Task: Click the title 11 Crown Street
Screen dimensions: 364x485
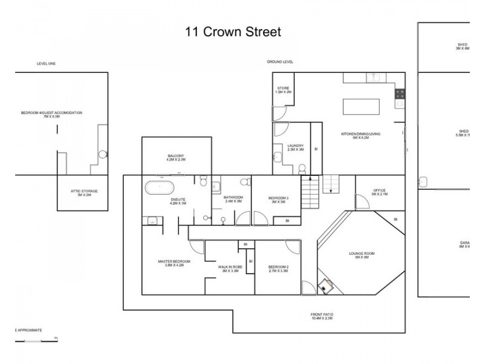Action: coord(233,32)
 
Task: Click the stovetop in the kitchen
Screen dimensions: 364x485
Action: coord(400,93)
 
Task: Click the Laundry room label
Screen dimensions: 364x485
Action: coord(295,147)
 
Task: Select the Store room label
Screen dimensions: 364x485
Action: coord(283,90)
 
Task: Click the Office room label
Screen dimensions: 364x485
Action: coord(380,193)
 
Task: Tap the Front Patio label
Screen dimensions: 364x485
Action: coord(322,316)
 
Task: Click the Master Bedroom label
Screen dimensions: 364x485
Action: coord(174,263)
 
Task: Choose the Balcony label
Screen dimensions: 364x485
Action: coord(176,158)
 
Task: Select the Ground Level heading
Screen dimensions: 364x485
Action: coord(280,62)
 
